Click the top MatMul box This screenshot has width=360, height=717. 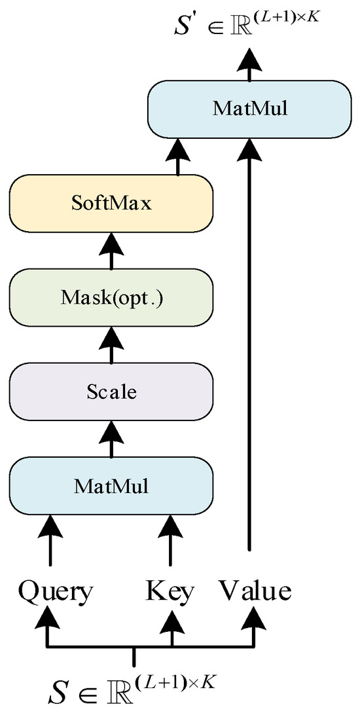click(250, 109)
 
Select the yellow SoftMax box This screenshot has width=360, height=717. click(111, 203)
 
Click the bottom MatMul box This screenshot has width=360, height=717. click(111, 486)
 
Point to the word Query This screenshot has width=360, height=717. click(55, 591)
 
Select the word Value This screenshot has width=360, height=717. click(255, 591)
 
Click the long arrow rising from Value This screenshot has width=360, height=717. click(249, 340)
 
